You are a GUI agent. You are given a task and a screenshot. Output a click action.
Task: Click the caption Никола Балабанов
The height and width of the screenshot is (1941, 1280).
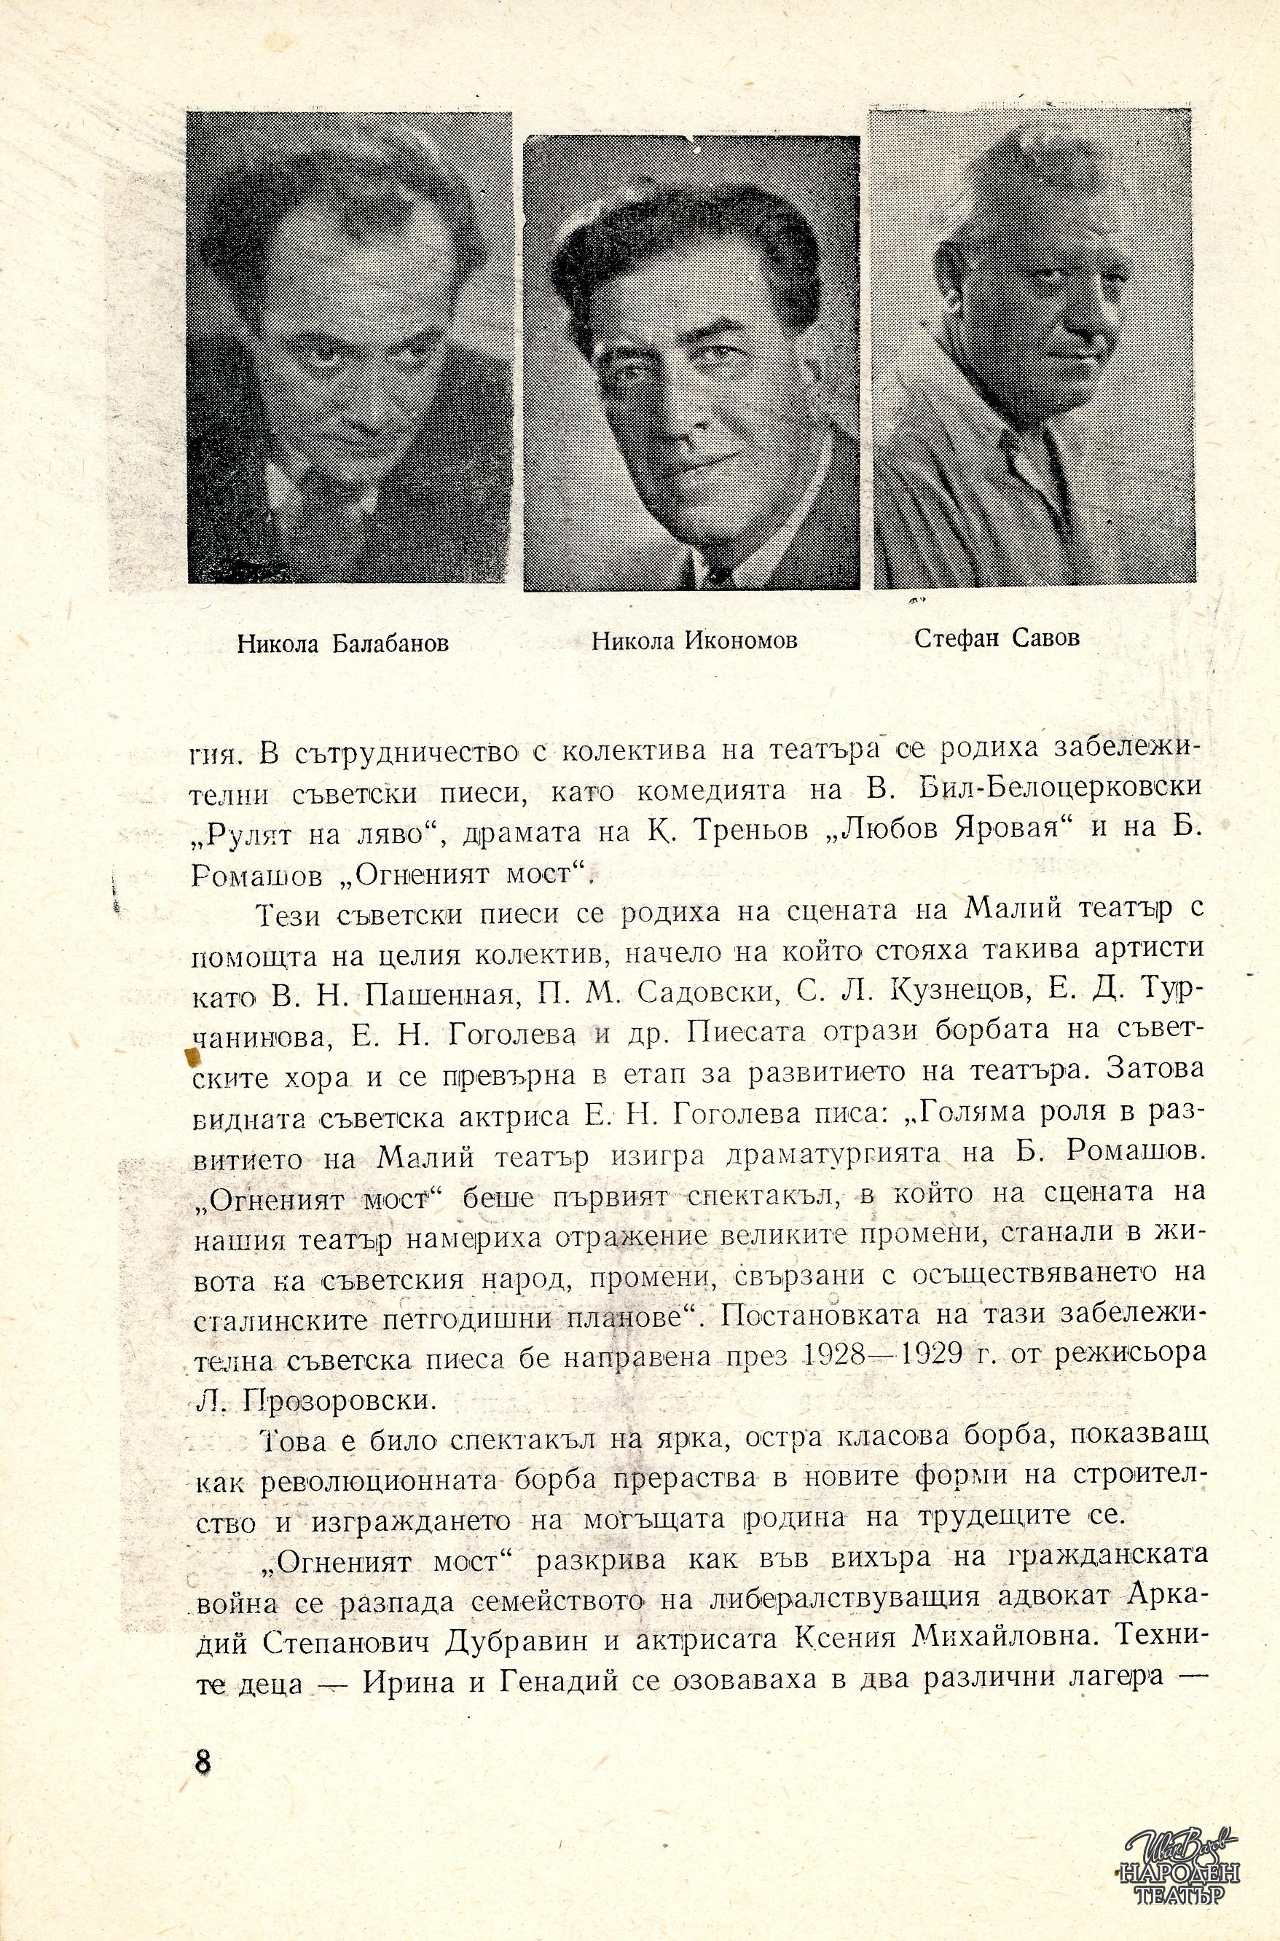[x=343, y=644]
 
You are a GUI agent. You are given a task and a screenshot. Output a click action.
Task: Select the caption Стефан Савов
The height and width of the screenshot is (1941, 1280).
[x=997, y=638]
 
